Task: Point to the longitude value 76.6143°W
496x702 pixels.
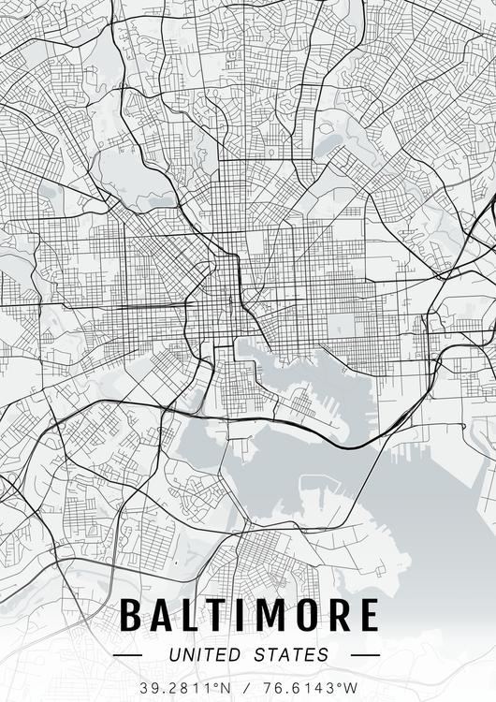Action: pos(311,687)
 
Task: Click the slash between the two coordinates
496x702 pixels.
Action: pos(249,687)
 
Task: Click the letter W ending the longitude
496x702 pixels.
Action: pos(352,687)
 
